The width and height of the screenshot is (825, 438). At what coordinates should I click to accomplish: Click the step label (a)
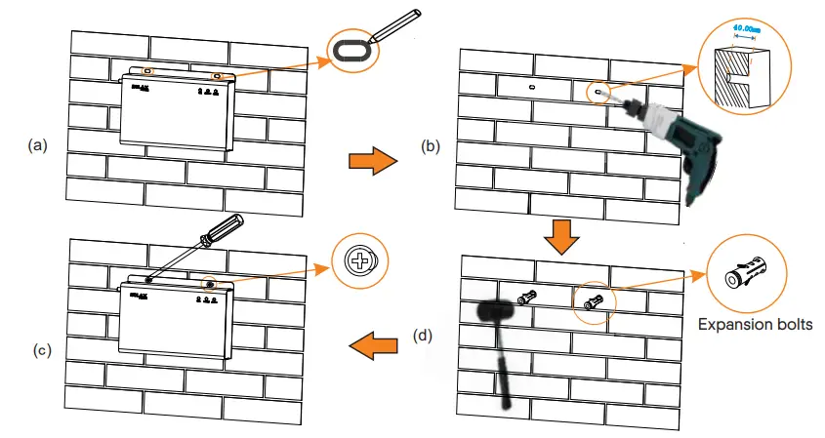(38, 145)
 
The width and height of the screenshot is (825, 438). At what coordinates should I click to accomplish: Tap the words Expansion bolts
(753, 322)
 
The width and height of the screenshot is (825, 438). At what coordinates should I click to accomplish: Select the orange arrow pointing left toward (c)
(375, 343)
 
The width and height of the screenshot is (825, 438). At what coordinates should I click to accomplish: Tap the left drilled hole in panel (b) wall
(530, 88)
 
